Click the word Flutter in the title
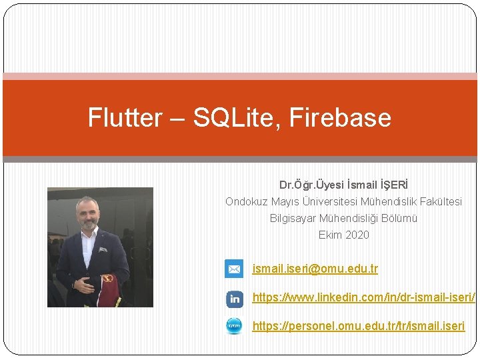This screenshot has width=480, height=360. pos(125,118)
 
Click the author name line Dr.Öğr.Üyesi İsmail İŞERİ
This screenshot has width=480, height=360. pos(343,184)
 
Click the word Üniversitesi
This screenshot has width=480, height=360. pos(331,201)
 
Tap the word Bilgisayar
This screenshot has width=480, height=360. pos(293,218)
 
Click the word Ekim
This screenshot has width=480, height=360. pos(330,235)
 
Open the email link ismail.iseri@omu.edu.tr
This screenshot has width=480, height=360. pos(315,269)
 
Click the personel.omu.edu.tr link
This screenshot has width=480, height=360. pos(358,326)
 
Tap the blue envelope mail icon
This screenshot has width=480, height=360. pos(234,269)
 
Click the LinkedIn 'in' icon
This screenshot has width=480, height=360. pos(235,299)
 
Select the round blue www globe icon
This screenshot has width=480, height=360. pos(234,326)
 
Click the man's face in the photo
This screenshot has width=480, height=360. pos(87,215)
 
